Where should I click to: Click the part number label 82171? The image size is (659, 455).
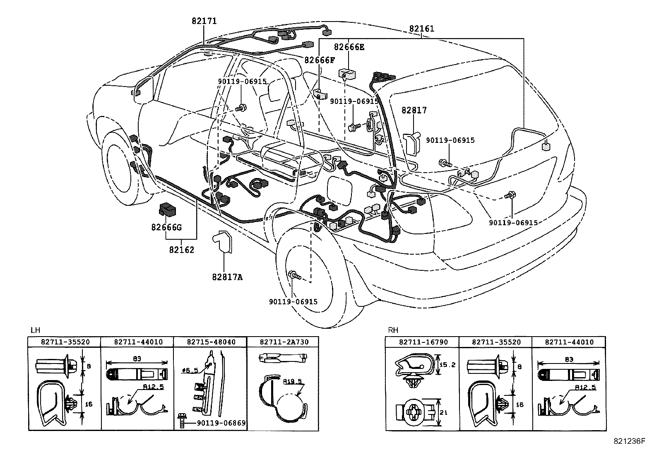pos(204,21)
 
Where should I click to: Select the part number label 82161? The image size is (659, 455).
pos(421,29)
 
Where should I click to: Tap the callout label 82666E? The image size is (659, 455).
pos(349,47)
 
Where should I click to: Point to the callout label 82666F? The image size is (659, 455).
pos(320,60)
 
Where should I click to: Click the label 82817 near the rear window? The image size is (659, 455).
pos(414,110)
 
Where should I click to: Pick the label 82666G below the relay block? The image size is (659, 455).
pos(166,227)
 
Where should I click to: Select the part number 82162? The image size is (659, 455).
pos(182,250)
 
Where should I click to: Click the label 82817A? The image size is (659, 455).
pos(227,277)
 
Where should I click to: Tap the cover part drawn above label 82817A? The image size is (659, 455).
pos(223,242)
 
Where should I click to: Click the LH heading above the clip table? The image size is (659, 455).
pos(35,330)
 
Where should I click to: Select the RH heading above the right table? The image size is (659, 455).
pos(393,330)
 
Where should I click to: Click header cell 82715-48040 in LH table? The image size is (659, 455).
pos(211,342)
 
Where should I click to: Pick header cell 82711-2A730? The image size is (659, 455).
pos(284,342)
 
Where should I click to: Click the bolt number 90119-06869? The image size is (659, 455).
pos(221,423)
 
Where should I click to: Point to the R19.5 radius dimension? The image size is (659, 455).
pos(292,381)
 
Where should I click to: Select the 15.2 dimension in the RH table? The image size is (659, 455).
pos(447,365)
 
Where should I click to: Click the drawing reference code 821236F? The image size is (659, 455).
pos(629,441)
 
